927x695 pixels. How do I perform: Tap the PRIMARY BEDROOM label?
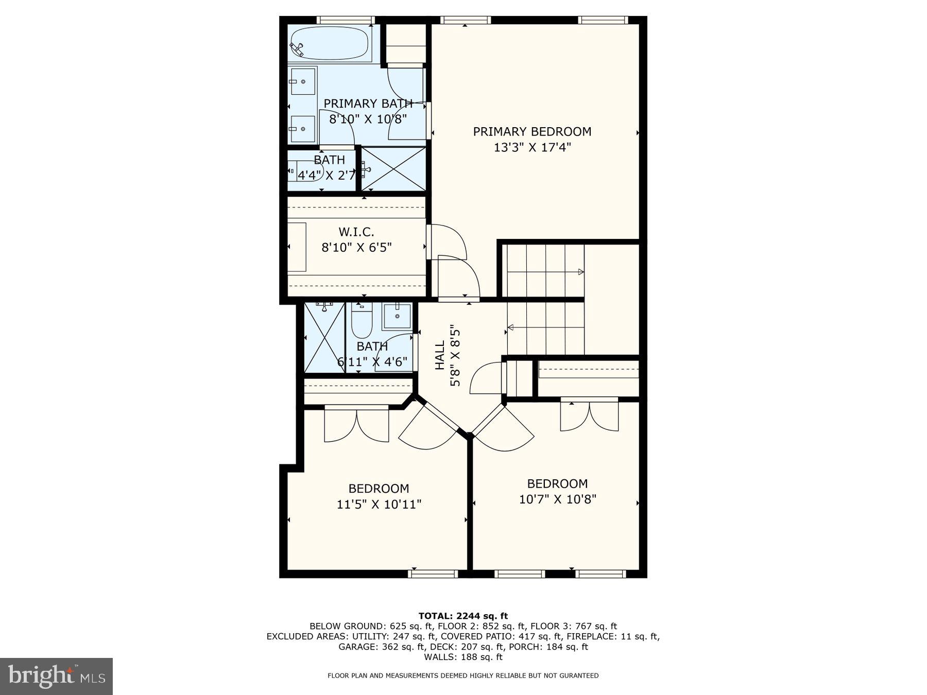(x=532, y=131)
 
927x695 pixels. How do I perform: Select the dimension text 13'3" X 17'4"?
(x=532, y=148)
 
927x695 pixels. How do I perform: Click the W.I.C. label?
(x=356, y=232)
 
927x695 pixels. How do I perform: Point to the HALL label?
(x=440, y=355)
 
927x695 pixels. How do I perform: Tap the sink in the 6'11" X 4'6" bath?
(x=397, y=316)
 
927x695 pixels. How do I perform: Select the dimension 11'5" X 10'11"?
(x=379, y=504)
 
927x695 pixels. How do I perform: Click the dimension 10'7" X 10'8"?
(x=557, y=499)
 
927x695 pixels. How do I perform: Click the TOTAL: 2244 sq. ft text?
(x=463, y=616)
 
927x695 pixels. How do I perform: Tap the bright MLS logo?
(x=56, y=676)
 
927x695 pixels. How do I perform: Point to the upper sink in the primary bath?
(x=302, y=81)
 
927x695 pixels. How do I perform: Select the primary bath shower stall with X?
(x=393, y=169)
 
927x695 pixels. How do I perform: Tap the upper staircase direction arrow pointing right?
(x=580, y=272)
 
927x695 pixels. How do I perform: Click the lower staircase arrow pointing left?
(x=511, y=327)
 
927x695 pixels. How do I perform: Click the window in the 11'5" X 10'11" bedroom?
(x=433, y=573)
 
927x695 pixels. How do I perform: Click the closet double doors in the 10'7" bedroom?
(x=589, y=415)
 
